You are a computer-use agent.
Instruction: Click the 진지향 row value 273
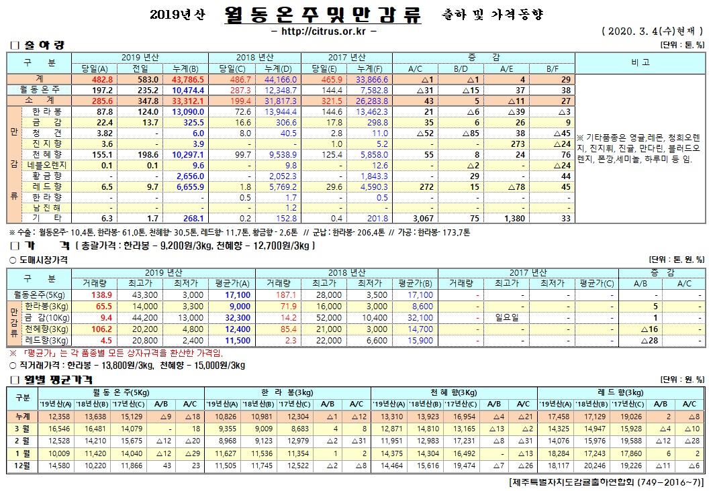point(514,143)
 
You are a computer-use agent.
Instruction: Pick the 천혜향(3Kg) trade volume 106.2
point(100,329)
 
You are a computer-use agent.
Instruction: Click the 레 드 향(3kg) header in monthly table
point(620,392)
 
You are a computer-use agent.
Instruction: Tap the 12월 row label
point(22,465)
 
